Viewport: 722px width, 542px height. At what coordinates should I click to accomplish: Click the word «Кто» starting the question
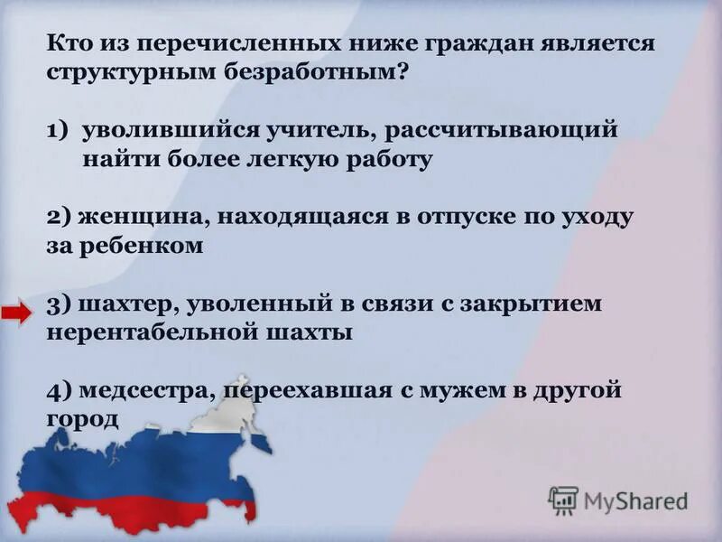(x=67, y=43)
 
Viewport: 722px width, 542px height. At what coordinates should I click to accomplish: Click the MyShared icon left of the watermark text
(x=563, y=500)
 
